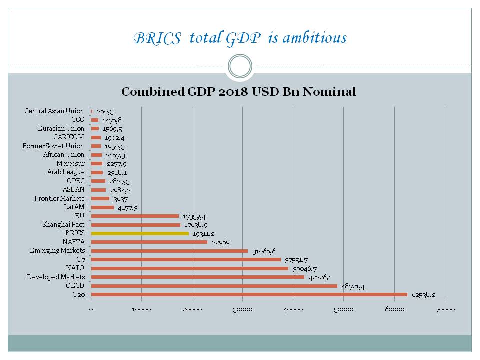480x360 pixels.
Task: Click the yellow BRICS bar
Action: [x=140, y=233]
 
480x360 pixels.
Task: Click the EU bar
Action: [x=135, y=216]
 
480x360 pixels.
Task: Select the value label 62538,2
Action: [x=424, y=295]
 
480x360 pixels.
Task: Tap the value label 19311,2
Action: [x=204, y=233]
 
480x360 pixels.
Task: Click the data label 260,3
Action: [x=105, y=111]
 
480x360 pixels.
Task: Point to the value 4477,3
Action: [x=128, y=207]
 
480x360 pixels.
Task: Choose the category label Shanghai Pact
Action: [x=63, y=225]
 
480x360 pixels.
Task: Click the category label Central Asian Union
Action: [x=54, y=111]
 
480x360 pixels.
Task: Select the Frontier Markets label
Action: [x=59, y=198]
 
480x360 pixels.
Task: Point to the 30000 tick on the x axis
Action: [x=242, y=310]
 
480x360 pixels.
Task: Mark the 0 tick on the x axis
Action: [x=91, y=310]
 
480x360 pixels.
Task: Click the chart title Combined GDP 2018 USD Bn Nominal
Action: [x=239, y=92]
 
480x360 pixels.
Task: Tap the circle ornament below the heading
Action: [x=240, y=66]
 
